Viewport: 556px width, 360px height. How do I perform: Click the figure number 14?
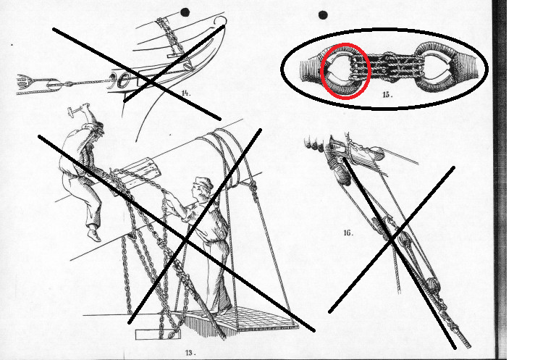click(x=186, y=93)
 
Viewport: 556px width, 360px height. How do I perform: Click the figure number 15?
click(x=387, y=95)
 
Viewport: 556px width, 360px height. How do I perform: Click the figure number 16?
click(x=348, y=233)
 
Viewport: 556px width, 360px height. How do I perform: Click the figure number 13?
click(x=190, y=353)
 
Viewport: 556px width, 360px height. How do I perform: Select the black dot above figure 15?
click(x=323, y=15)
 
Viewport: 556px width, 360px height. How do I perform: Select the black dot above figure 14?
click(x=185, y=12)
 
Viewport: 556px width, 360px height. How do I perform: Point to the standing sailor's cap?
click(x=203, y=184)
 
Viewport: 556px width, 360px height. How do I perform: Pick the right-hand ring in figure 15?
click(x=437, y=69)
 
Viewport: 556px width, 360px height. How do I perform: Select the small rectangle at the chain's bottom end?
click(x=158, y=335)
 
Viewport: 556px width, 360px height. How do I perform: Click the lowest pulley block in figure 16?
click(x=432, y=285)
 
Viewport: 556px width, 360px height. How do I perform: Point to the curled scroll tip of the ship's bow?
click(x=220, y=20)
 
